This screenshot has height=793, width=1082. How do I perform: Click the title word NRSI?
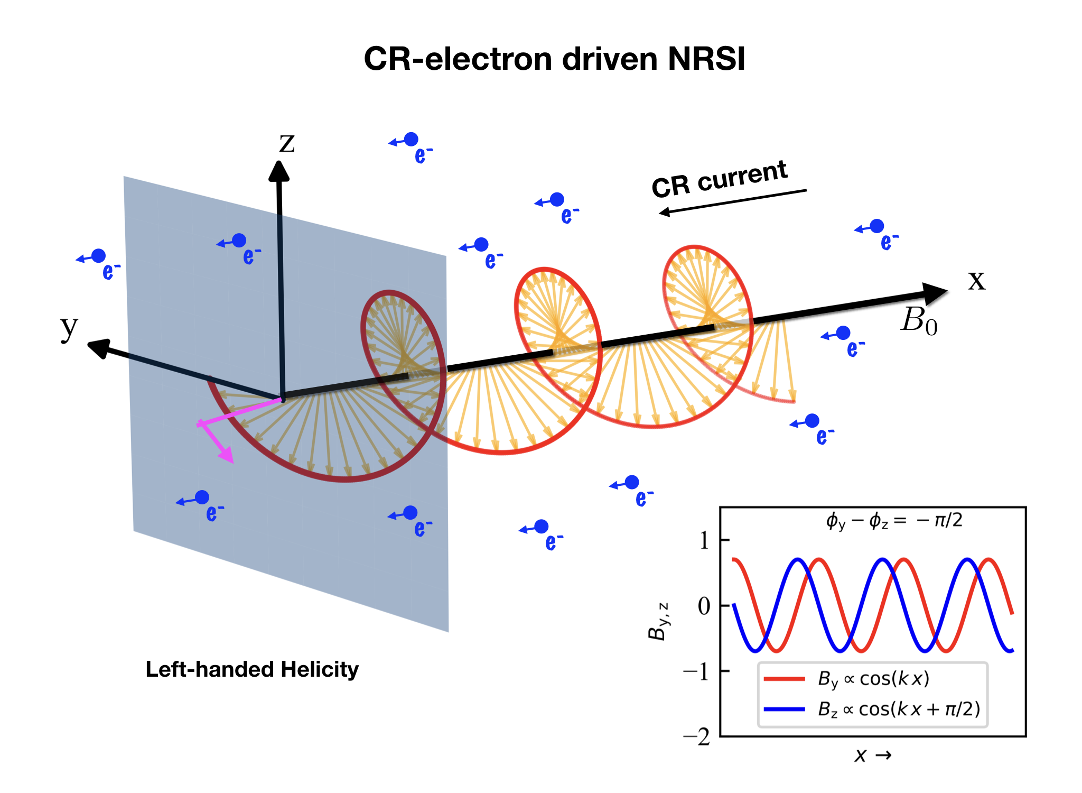(706, 59)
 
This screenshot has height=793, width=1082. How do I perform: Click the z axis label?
(287, 143)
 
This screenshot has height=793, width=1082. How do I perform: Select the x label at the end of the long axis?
(976, 280)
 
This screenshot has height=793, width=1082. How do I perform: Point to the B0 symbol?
(919, 320)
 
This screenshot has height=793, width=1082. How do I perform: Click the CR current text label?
(719, 179)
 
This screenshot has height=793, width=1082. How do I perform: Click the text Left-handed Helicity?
(252, 669)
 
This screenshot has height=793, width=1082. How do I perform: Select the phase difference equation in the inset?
(894, 521)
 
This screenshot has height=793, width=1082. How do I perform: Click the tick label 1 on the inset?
(704, 540)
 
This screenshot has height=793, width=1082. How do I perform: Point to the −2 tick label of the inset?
(697, 736)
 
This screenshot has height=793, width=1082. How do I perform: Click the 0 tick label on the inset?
(704, 606)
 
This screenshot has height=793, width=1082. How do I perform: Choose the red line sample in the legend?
(784, 679)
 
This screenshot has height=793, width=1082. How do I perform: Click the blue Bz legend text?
(899, 709)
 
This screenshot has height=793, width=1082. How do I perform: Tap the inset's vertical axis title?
(658, 621)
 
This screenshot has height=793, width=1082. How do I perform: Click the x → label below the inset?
(872, 755)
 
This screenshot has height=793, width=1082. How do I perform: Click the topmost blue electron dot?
(411, 140)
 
